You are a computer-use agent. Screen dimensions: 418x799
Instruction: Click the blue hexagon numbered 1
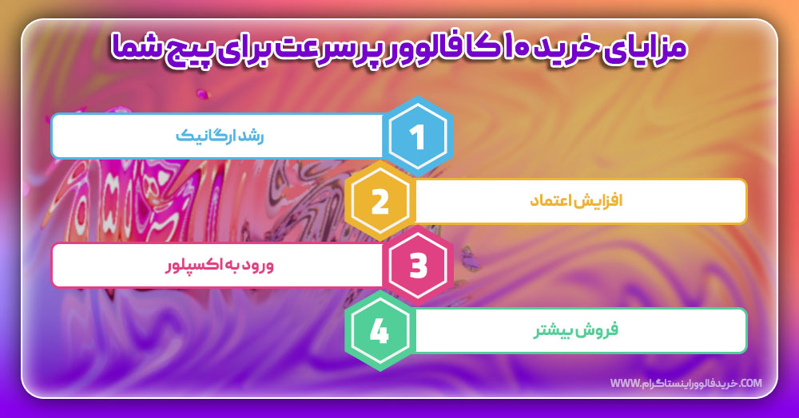click(x=417, y=136)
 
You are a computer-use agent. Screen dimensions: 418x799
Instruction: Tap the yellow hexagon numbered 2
click(x=380, y=201)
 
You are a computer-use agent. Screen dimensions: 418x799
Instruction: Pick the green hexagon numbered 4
click(x=380, y=330)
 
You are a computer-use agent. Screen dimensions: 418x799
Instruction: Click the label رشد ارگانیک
click(x=220, y=136)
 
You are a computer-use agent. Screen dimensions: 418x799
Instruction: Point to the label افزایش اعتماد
click(x=576, y=201)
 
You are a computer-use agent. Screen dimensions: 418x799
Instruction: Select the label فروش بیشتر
click(x=576, y=330)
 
